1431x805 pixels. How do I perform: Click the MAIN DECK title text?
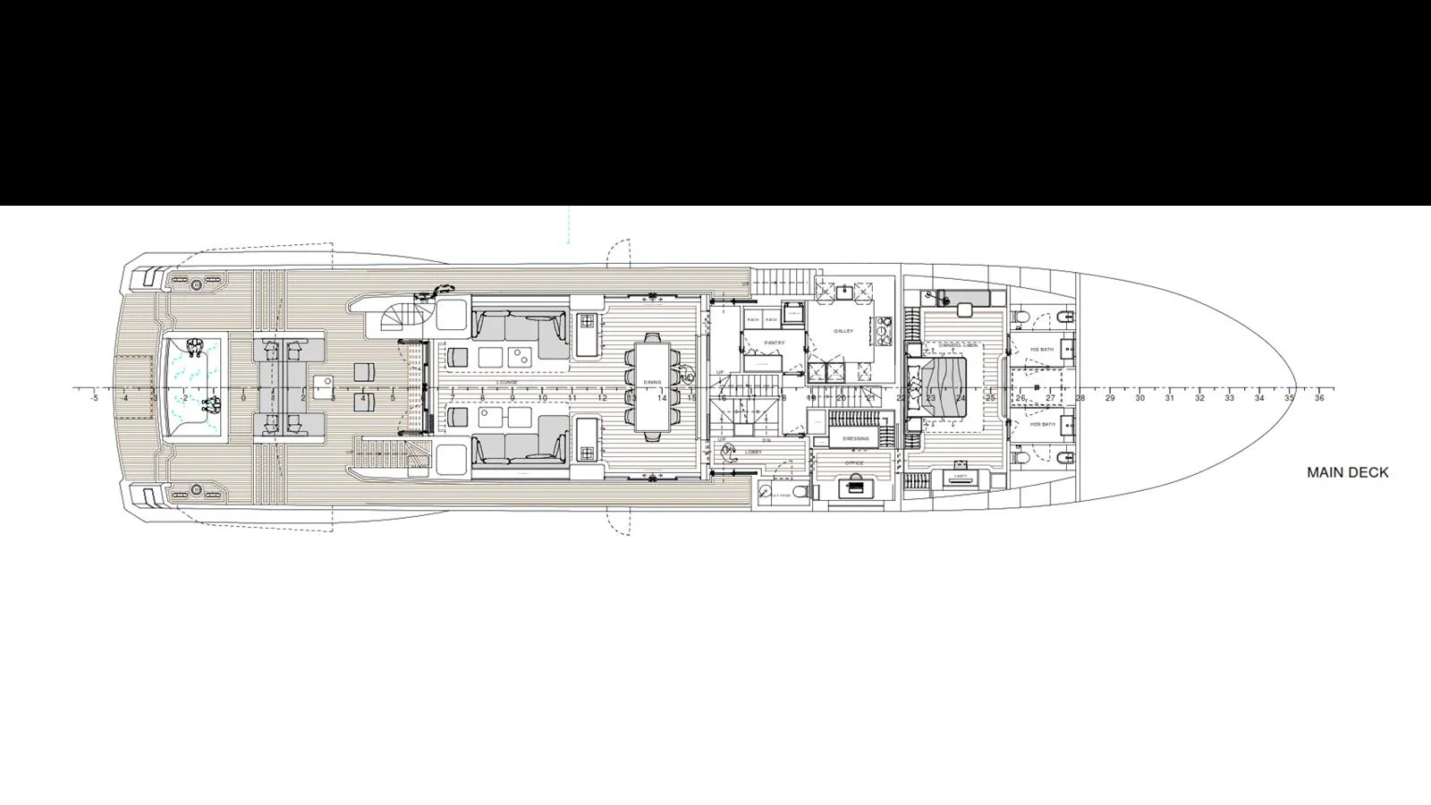1347,472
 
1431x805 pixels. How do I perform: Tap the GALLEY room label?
843,331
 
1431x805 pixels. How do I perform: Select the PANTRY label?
774,343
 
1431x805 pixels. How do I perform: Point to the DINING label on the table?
652,382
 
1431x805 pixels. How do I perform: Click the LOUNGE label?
507,382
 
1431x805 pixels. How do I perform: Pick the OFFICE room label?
855,463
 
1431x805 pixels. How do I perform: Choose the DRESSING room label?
855,438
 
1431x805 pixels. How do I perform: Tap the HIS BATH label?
1042,349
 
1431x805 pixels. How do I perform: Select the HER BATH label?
1042,424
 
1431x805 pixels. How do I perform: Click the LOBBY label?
753,452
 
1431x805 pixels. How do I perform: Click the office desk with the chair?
857,485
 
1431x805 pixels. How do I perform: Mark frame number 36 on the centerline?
1319,399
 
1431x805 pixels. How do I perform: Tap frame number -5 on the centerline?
95,399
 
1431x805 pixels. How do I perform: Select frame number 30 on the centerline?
1139,399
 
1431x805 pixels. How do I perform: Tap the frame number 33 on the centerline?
1229,399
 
